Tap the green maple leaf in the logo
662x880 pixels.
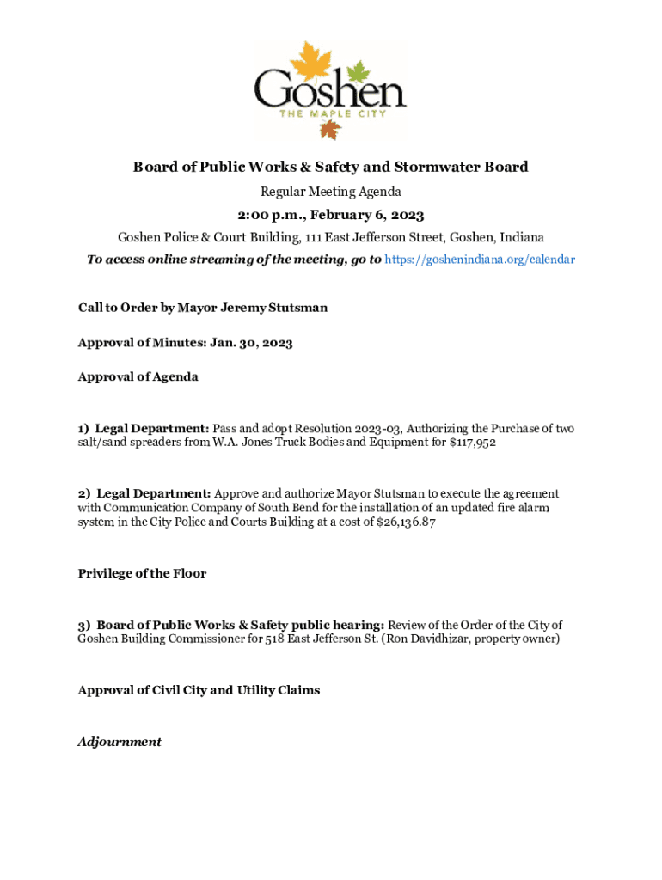point(357,70)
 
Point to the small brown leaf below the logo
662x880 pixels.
point(330,129)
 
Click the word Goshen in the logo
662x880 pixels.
point(329,90)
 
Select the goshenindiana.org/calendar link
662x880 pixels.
point(480,259)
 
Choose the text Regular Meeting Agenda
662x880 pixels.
point(331,191)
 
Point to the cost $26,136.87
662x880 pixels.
point(400,522)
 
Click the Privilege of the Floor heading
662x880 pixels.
point(142,573)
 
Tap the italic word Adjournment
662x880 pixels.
point(120,742)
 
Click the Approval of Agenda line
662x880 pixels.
point(138,376)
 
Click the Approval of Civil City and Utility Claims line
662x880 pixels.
point(199,690)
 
